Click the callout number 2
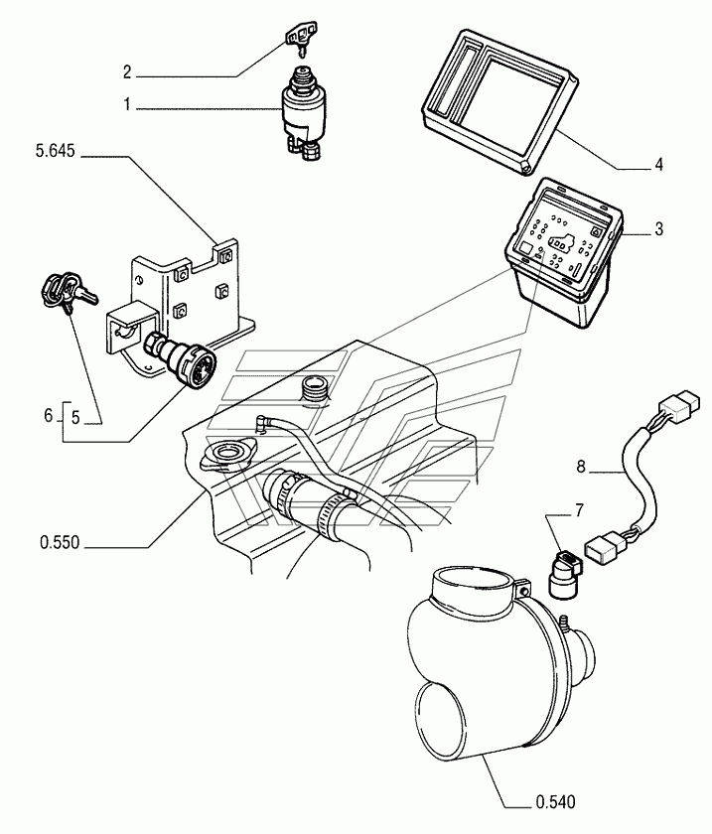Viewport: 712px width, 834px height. [x=127, y=71]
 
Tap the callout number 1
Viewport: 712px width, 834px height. [x=127, y=104]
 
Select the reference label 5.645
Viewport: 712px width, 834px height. [x=56, y=152]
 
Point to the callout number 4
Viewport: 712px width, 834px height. [x=658, y=165]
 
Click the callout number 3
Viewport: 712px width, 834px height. [x=658, y=228]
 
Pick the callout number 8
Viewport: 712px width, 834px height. [x=581, y=467]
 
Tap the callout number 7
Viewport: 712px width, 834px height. [x=579, y=511]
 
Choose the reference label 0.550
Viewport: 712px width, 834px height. [x=60, y=542]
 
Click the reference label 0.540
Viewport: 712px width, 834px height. [x=555, y=801]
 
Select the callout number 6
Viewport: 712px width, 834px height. [x=49, y=414]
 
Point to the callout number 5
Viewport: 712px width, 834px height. [x=75, y=418]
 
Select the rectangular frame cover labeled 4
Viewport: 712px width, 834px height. [x=498, y=101]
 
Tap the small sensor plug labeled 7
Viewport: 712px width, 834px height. [x=564, y=575]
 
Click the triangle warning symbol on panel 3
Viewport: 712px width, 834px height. [x=596, y=232]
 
